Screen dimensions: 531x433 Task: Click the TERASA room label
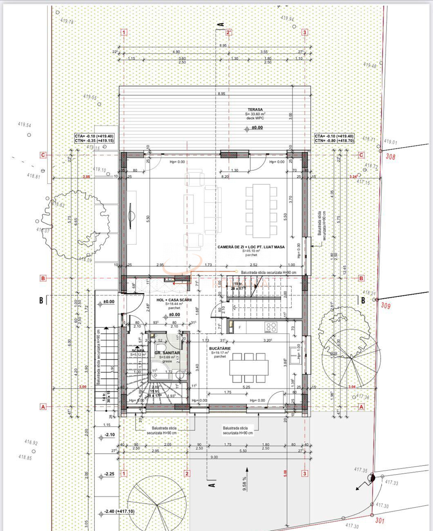click(254, 109)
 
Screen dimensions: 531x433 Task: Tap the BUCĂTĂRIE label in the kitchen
click(220, 348)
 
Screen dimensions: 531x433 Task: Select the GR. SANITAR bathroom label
click(167, 353)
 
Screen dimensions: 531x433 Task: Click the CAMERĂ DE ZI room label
click(251, 247)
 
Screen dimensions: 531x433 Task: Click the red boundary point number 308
click(391, 156)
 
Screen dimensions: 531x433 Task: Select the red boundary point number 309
click(386, 306)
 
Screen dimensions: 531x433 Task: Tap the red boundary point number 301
click(380, 520)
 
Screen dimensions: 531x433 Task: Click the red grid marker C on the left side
click(42, 155)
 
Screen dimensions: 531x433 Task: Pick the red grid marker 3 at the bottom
click(304, 473)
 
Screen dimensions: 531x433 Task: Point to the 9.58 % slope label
click(245, 484)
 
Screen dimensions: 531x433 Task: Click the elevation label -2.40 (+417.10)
click(119, 511)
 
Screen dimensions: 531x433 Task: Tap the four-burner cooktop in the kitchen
click(271, 326)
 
